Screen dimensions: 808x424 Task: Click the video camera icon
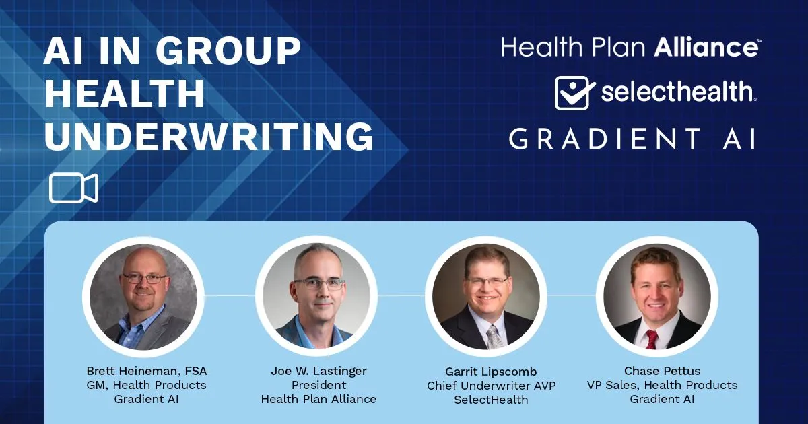(73, 188)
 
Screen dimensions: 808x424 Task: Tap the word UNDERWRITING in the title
(209, 136)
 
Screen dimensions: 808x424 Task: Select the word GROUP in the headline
(228, 50)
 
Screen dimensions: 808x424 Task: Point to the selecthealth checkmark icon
(574, 93)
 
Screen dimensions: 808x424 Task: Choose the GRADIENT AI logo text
(632, 139)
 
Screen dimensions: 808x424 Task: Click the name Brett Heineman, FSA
(147, 371)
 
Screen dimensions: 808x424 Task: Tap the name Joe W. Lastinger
(319, 371)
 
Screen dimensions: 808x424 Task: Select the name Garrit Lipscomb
(491, 372)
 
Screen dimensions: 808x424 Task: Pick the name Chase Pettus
(663, 371)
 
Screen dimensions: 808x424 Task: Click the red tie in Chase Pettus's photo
(652, 339)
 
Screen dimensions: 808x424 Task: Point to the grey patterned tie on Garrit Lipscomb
(493, 337)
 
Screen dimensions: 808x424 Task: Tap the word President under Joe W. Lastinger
(319, 385)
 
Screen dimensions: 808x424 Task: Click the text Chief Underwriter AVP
(492, 386)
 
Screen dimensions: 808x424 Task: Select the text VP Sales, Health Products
(663, 385)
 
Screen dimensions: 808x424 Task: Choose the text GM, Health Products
(147, 385)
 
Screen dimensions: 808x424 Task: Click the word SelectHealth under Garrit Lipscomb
(491, 400)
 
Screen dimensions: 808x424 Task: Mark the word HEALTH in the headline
(125, 93)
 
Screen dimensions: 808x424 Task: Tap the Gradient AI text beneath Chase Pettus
(663, 400)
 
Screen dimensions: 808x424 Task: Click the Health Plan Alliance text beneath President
(319, 400)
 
